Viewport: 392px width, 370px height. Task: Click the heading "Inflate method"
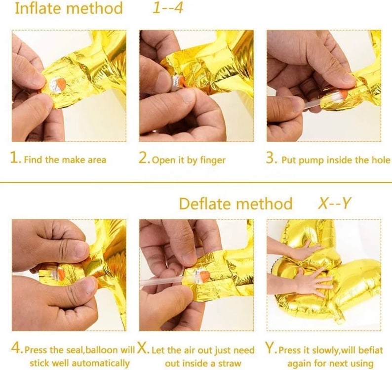[x=69, y=8]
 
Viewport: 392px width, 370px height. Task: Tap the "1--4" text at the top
[x=168, y=8]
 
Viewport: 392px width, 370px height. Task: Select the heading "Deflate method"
[x=236, y=204]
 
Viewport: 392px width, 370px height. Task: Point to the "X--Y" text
[x=335, y=203]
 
